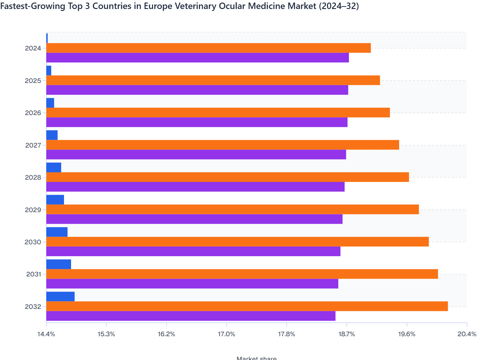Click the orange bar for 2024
208,48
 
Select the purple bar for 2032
191,316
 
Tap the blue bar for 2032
60,297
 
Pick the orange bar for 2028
227,177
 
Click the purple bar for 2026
197,122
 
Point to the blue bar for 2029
55,200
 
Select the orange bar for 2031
242,274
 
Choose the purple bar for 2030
193,251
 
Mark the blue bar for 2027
52,135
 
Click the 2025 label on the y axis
33,81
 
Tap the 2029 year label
33,210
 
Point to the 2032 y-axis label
33,307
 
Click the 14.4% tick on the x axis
46,334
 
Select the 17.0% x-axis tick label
226,334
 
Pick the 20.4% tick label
467,334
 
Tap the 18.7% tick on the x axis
346,334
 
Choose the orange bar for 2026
218,113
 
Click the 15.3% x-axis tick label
106,334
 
